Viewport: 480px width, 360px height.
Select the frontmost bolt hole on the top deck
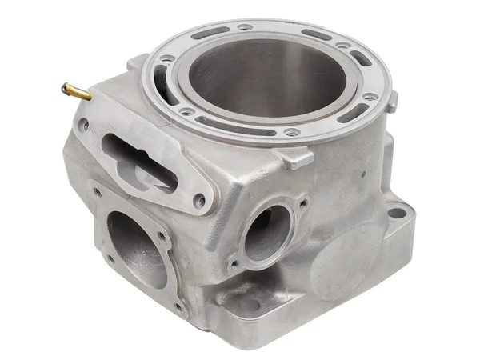[x=294, y=131]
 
